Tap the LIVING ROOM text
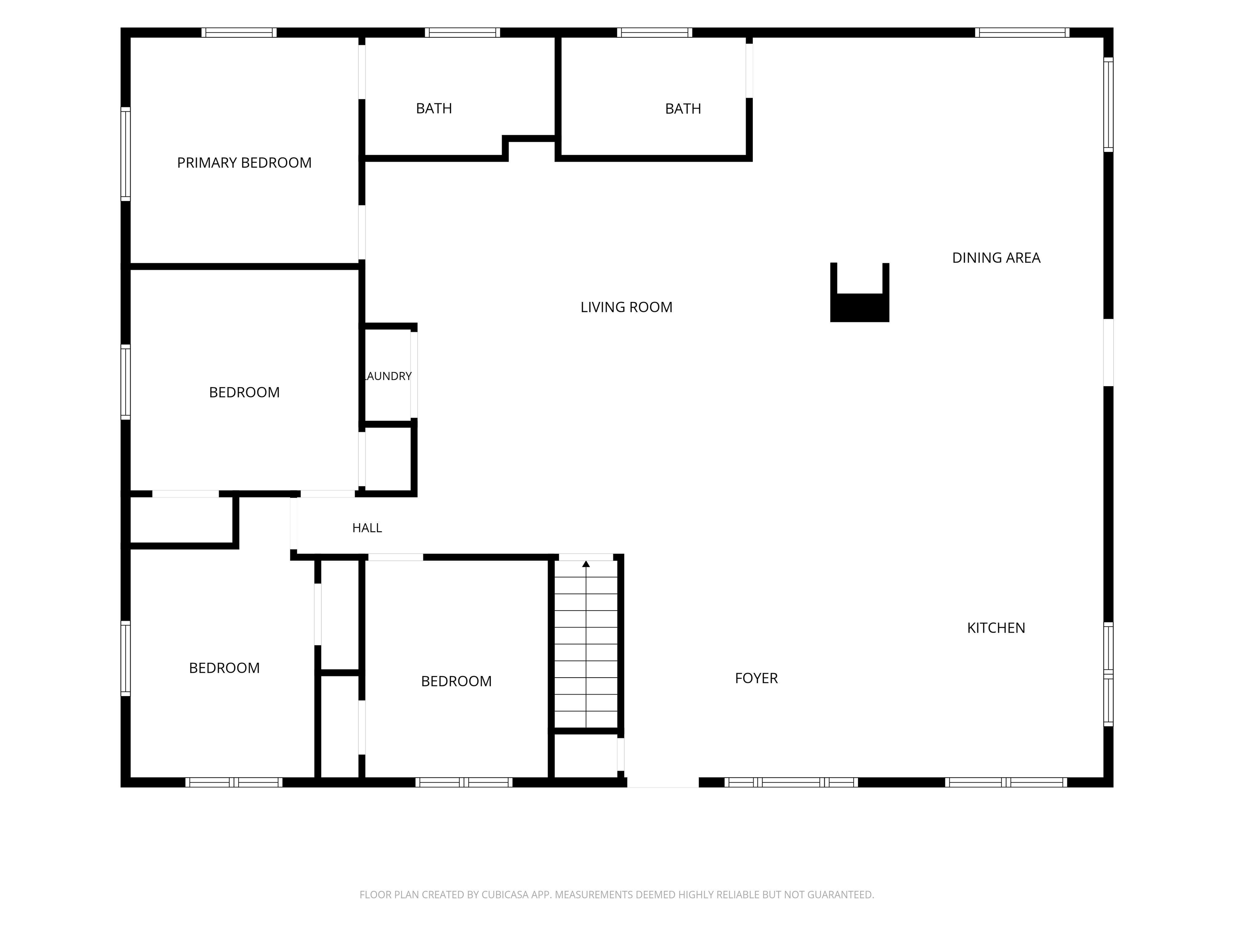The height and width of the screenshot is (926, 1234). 627,307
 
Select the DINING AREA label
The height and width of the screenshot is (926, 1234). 996,258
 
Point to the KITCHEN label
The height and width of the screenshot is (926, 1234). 996,628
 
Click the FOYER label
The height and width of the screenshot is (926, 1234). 756,678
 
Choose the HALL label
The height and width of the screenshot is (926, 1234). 367,528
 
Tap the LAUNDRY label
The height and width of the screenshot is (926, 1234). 388,376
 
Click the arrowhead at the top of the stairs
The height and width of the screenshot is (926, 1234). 586,564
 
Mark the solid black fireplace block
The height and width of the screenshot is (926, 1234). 860,307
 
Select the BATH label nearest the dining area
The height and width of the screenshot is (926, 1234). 683,109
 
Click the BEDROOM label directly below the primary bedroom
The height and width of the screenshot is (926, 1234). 244,392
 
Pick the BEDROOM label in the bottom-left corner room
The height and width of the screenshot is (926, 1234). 224,668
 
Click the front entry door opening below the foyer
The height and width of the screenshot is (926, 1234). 663,782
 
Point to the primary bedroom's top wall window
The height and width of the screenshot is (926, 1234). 239,33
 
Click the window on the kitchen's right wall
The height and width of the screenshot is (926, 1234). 1109,674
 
